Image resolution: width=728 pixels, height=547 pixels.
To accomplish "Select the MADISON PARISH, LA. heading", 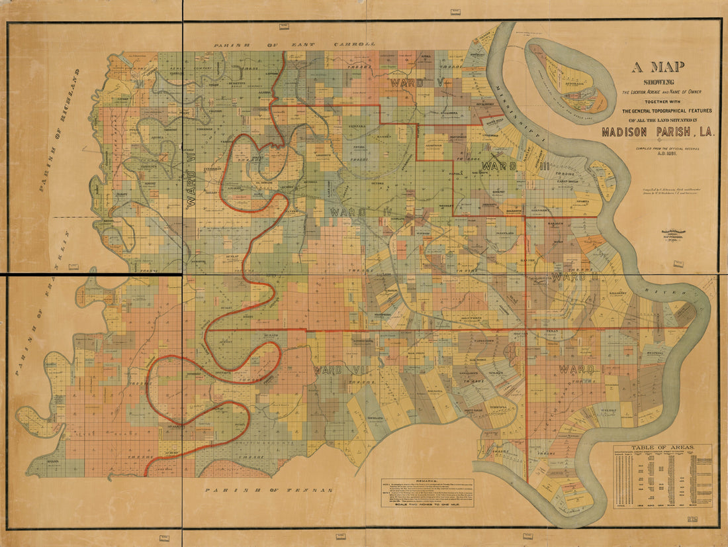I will tap(659, 132).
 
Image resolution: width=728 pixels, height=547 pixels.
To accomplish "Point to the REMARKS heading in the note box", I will tap(428, 481).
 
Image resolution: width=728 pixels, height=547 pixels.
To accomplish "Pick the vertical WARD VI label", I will tap(192, 189).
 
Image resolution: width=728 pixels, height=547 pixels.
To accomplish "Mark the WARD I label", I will tap(580, 368).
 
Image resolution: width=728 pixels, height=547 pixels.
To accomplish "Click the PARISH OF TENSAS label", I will tap(267, 491).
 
